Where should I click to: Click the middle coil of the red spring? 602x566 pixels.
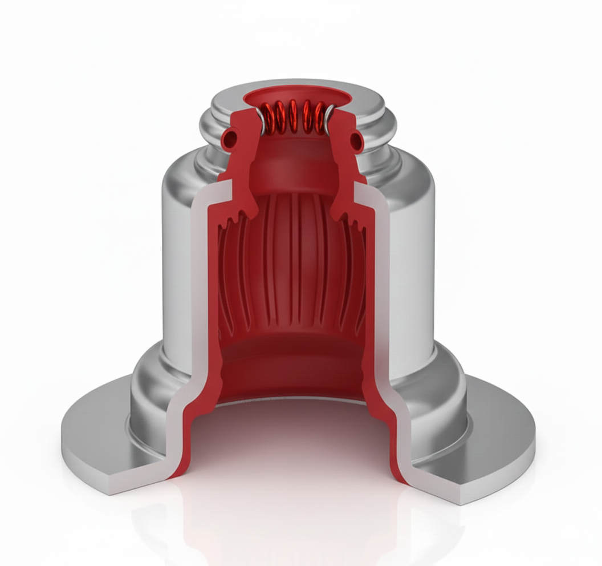click(x=294, y=116)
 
